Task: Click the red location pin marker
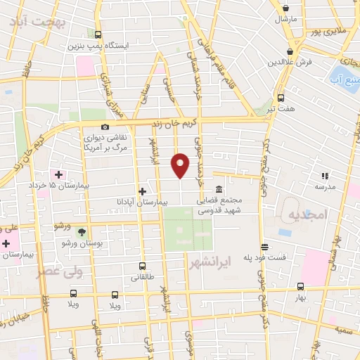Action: pyautogui.click(x=181, y=166)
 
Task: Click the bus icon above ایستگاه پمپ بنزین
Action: pyautogui.click(x=98, y=34)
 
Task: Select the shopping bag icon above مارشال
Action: pyautogui.click(x=285, y=8)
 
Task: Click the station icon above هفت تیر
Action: pyautogui.click(x=281, y=98)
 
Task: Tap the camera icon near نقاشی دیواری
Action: pyautogui.click(x=105, y=127)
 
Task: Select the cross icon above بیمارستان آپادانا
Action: pyautogui.click(x=142, y=191)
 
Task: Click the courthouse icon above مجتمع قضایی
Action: pyautogui.click(x=220, y=190)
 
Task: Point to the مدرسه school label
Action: pyautogui.click(x=324, y=186)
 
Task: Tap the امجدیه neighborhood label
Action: pyautogui.click(x=307, y=215)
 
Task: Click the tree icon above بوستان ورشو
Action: pyautogui.click(x=82, y=231)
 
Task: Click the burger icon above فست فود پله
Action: pyautogui.click(x=264, y=247)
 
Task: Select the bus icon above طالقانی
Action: pyautogui.click(x=143, y=266)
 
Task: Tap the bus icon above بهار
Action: pyautogui.click(x=301, y=286)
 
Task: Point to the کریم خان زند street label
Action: pyautogui.click(x=186, y=122)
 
